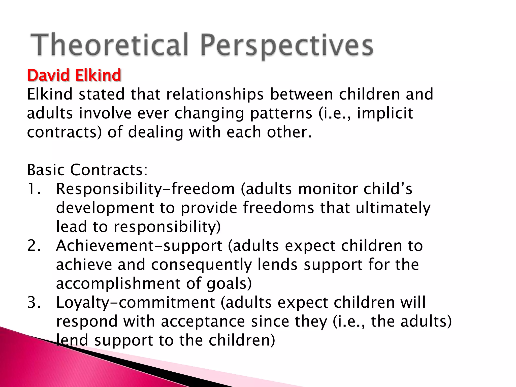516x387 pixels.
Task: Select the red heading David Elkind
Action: [74, 75]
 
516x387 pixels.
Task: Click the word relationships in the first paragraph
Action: [215, 94]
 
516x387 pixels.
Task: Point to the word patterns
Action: [281, 113]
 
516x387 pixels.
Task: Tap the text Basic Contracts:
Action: [87, 170]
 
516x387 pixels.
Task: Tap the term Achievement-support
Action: [139, 246]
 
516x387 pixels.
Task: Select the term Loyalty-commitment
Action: [135, 303]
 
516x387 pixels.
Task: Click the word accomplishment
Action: [118, 284]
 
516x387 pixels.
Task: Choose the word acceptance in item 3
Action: [203, 322]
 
